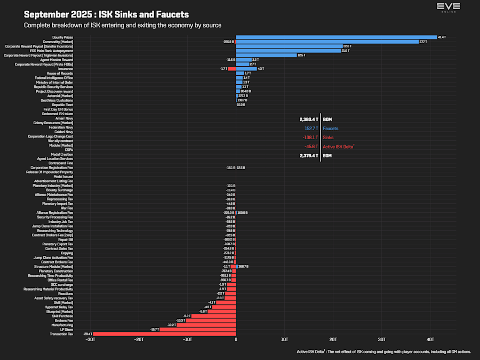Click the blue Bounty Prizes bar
[x=336, y=37]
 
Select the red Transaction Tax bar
[x=164, y=334]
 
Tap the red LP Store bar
[x=198, y=329]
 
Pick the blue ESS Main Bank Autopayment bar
[x=289, y=51]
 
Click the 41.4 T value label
[x=442, y=37]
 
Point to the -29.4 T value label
[x=88, y=334]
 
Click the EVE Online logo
[x=449, y=7]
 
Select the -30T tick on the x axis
[x=90, y=339]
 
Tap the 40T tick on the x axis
[x=430, y=339]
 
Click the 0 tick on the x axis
[x=236, y=339]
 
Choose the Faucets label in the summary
[x=330, y=129]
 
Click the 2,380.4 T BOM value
[x=309, y=119]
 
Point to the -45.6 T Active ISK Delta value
[x=311, y=147]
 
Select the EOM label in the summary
[x=328, y=156]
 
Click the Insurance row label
[x=66, y=69]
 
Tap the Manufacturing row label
[x=62, y=325]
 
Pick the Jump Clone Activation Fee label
[x=53, y=258]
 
